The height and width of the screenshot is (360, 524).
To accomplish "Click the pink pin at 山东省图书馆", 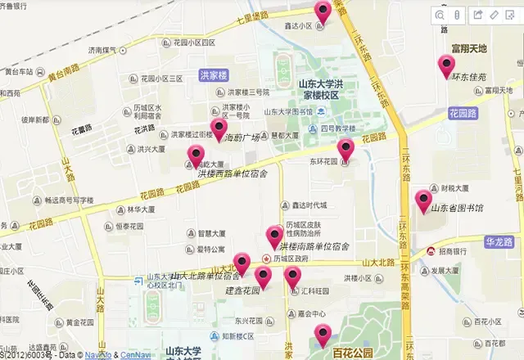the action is (x=423, y=200).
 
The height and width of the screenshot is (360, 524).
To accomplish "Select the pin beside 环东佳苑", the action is (x=446, y=65).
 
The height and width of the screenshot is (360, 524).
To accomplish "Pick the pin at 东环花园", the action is (x=346, y=149).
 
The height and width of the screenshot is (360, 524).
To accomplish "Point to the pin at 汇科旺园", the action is (x=292, y=277).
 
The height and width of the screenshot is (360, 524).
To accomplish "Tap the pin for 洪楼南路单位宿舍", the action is (x=275, y=236).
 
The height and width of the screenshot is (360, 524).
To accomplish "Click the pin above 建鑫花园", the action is (x=263, y=277).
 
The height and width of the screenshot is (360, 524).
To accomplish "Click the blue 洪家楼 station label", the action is (x=212, y=74).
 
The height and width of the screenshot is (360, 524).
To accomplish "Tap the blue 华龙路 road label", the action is (x=499, y=242).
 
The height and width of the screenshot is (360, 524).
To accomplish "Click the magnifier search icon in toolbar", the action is (x=440, y=15).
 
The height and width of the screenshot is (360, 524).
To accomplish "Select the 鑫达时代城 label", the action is (x=303, y=205).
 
